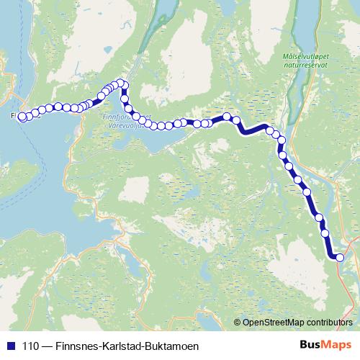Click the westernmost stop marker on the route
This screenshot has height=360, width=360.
tap(22, 116)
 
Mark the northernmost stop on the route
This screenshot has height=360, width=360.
tap(122, 82)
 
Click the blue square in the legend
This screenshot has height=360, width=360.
tap(11, 346)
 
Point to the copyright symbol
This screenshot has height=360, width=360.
tap(238, 322)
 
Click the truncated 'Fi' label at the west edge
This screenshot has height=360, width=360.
tap(14, 114)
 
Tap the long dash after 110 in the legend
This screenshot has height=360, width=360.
tap(48, 346)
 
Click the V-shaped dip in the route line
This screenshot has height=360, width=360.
tap(244, 130)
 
